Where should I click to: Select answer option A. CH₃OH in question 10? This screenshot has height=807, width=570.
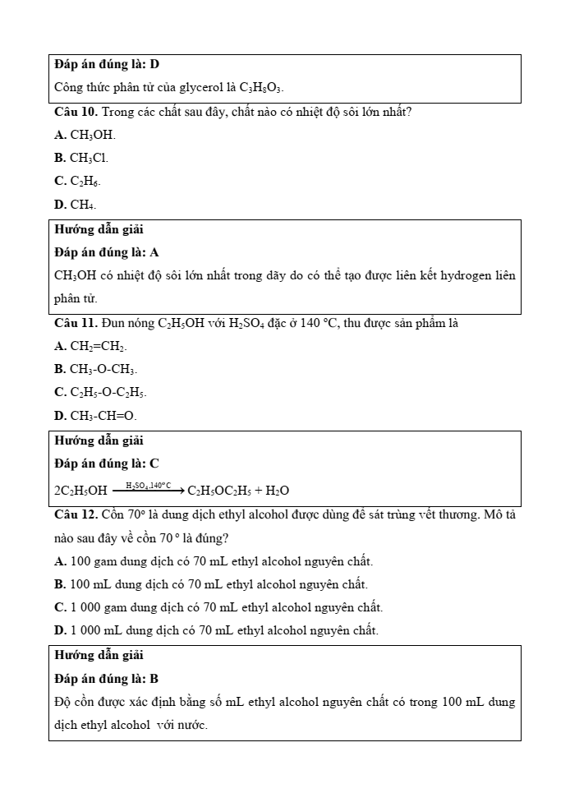pos(85,135)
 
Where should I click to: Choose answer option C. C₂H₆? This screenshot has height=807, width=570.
pos(78,181)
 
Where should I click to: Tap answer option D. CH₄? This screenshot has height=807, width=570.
pos(76,204)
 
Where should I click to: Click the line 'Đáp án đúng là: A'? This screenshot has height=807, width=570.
pos(107,252)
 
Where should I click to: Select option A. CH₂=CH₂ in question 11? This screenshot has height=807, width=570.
pos(90,347)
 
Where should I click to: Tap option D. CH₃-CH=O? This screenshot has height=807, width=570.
pos(95,416)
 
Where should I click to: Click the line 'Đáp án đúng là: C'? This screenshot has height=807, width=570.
pos(107,463)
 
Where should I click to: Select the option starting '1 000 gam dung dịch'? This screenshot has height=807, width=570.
pos(218,607)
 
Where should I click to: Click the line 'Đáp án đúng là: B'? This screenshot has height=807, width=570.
pos(107,679)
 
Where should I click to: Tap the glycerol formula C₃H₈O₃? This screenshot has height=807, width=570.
pos(262,87)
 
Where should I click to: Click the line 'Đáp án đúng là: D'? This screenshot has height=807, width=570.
pos(107,64)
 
